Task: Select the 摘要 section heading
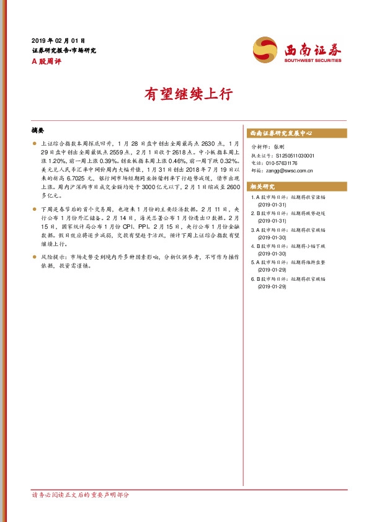click(38, 131)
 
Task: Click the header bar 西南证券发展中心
click(280, 133)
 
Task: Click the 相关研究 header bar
click(260, 187)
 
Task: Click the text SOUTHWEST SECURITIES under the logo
click(313, 61)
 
